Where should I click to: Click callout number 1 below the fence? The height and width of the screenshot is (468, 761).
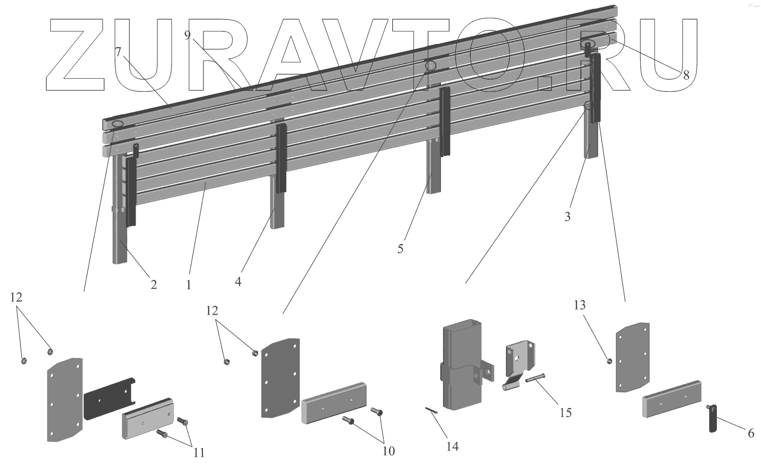188,285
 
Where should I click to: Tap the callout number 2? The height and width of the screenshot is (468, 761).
153,285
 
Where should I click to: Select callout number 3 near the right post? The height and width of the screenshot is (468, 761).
567,217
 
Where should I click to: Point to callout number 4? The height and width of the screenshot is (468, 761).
237,281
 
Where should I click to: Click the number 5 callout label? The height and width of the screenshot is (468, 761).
400,249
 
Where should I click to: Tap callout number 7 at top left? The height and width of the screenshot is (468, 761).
118,52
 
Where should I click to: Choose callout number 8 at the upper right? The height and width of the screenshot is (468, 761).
686,76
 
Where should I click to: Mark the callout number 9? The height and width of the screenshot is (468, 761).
187,35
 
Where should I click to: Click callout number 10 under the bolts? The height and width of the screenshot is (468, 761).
389,451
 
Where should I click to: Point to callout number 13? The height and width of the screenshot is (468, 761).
579,305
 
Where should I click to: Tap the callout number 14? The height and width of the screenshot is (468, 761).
452,446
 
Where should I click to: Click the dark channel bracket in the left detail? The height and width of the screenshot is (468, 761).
109,398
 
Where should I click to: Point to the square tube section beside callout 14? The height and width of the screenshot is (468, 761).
462,365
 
